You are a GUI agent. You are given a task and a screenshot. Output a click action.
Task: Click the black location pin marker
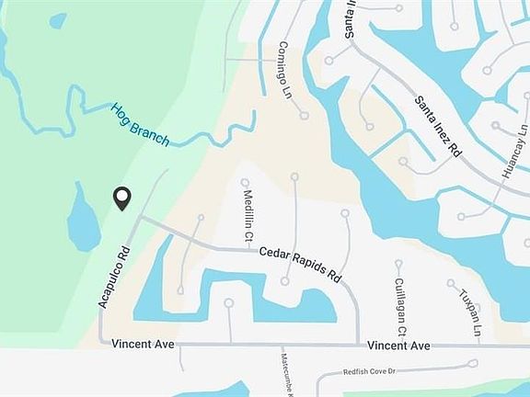(121, 198)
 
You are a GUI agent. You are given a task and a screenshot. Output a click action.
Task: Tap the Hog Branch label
(141, 124)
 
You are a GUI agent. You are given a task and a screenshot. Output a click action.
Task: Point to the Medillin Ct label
(248, 217)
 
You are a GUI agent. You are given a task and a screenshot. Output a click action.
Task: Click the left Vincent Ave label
(142, 344)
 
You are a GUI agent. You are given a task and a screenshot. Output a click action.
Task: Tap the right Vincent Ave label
(398, 346)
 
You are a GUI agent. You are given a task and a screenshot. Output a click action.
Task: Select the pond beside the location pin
(85, 221)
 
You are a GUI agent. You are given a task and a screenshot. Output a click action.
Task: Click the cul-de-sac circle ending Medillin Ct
(245, 182)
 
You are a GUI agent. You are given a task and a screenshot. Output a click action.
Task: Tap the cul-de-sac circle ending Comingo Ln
(304, 116)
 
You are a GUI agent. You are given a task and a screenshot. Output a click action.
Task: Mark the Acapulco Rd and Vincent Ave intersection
(100, 344)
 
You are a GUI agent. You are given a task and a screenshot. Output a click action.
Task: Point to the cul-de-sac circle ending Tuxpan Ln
(452, 283)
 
